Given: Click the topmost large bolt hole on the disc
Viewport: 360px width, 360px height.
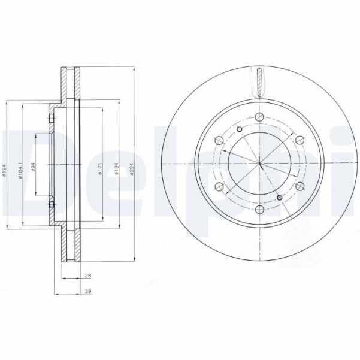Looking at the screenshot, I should pos(259,117).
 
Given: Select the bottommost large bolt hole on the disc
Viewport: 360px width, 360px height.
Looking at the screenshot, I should pos(259,210).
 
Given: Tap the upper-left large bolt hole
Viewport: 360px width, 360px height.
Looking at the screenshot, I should pos(219,141).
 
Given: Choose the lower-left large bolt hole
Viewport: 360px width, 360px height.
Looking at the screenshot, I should pos(219,187).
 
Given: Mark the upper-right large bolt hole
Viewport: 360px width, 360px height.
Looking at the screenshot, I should pos(299,141).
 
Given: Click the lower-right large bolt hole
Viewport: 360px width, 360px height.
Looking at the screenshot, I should pos(299,187).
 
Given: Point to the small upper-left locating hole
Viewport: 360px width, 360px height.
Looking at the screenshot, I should pos(238,129).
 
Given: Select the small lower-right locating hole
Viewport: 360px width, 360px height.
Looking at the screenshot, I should pos(279,198).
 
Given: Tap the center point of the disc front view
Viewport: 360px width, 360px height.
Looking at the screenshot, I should pos(259,164).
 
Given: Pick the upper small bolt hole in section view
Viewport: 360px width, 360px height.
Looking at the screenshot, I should pos(52,120).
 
